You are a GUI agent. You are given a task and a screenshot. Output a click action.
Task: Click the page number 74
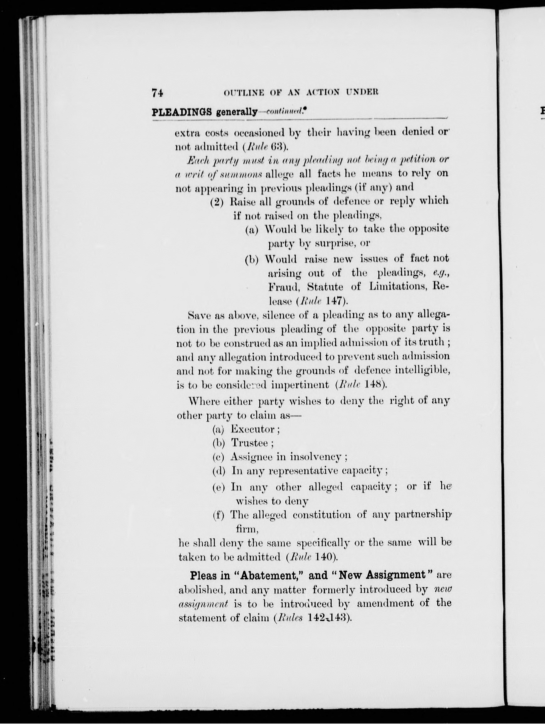pos(157,93)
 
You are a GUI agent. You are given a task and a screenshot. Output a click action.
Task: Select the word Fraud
pos(284,287)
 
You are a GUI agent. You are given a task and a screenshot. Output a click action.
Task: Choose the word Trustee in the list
pos(250,443)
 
